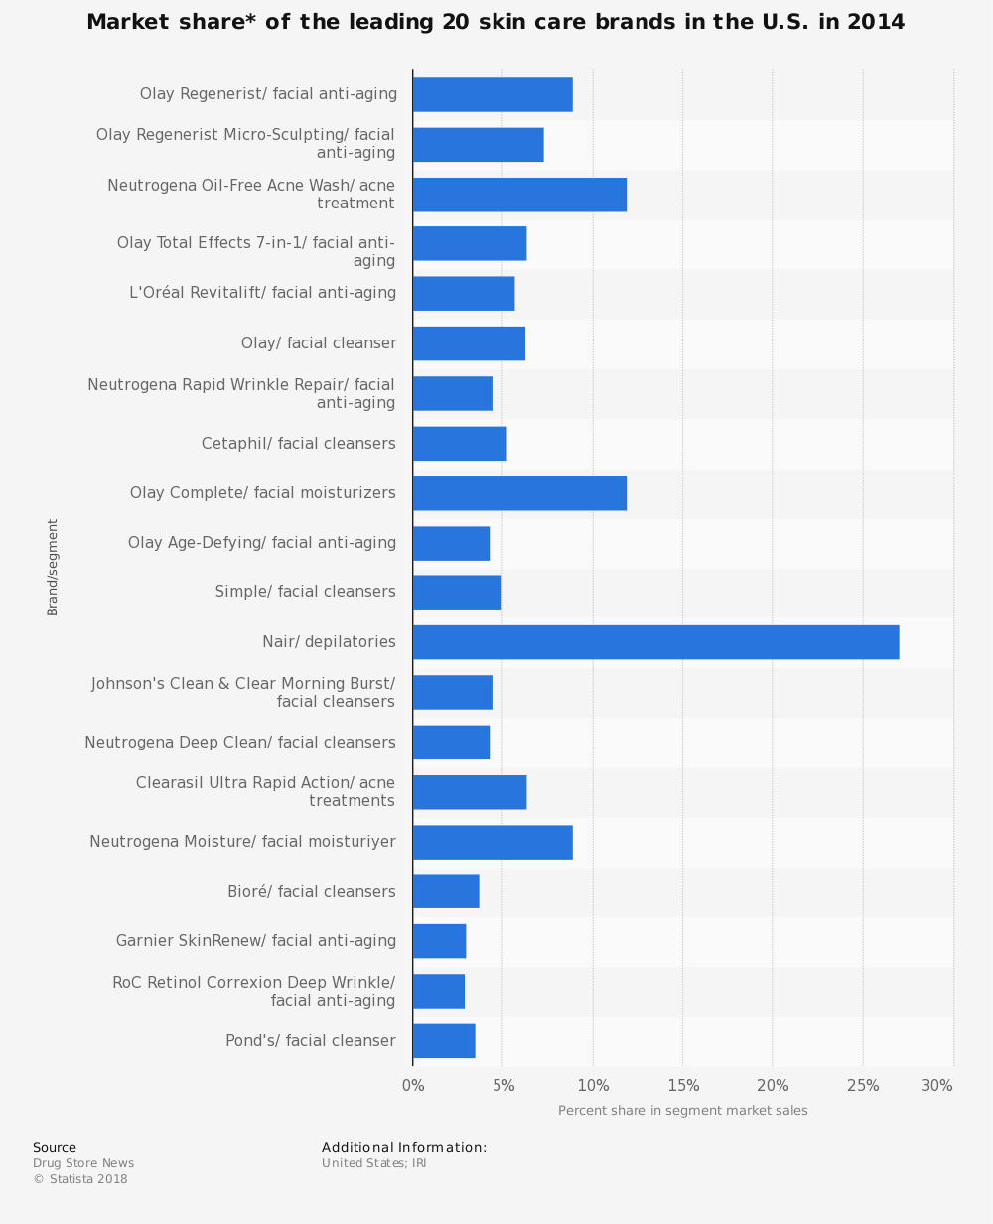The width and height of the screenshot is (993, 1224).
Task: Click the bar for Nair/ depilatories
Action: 655,642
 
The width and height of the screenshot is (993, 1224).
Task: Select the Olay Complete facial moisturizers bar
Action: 519,493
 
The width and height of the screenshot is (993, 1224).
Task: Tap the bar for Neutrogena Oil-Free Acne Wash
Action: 519,195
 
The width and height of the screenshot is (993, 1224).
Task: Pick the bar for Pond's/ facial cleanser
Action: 444,1041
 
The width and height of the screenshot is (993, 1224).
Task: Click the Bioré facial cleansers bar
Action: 446,891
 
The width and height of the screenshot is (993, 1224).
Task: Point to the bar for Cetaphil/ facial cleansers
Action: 460,444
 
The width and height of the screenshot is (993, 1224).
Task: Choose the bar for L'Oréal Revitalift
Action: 464,294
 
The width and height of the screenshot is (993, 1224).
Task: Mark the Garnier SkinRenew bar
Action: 439,941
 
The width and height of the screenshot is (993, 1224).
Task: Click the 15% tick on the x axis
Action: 683,1086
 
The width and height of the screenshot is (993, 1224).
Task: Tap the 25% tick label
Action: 863,1086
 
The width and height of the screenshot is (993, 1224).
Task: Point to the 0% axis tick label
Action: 413,1086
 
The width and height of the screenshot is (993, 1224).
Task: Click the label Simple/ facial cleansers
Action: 305,592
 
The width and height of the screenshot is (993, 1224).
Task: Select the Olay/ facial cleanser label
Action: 319,343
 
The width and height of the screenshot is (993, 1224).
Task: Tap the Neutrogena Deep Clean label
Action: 240,743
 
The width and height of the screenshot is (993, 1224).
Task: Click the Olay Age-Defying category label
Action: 262,543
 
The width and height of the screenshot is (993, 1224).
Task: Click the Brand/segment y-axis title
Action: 53,567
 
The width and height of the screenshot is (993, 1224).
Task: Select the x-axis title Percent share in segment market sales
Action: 683,1111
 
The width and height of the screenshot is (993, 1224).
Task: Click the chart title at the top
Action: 496,22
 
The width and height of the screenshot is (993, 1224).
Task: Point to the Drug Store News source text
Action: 83,1163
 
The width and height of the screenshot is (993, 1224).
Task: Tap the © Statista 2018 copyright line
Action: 80,1179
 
